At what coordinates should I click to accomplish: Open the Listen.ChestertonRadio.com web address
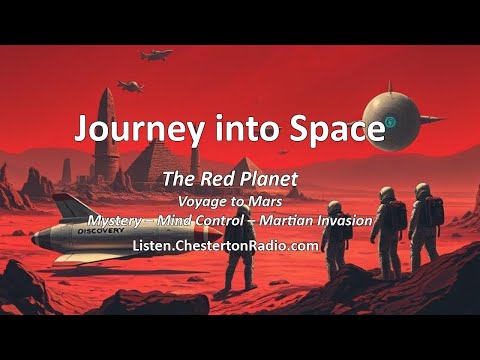[x=239, y=244]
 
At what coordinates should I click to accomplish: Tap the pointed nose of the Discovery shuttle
[x=33, y=238]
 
